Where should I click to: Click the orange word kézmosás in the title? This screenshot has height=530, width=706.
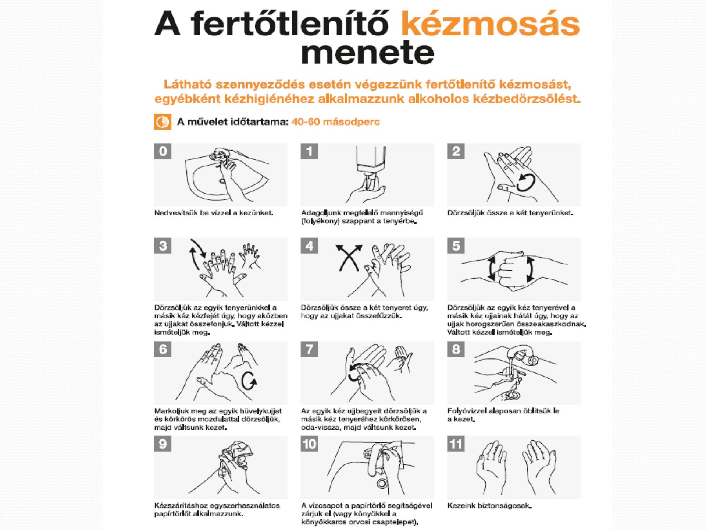pos(490,24)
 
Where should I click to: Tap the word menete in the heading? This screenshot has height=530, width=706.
pos(367,53)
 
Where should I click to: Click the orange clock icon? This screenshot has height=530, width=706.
pos(163,122)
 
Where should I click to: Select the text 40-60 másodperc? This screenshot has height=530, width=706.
pos(336,122)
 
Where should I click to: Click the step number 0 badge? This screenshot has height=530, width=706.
pos(163,151)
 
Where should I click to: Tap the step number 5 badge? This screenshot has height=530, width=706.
pos(456,245)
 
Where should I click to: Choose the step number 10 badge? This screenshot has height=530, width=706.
pos(309,444)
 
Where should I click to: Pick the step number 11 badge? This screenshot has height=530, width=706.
pos(456,444)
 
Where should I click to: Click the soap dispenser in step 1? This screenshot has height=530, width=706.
pos(371,166)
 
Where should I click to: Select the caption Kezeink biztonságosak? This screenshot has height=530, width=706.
pos(489,506)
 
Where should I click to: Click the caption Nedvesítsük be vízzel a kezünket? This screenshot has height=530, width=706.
pos(214,213)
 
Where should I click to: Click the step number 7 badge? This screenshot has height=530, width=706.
pos(309,349)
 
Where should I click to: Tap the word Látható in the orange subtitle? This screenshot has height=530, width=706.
pos(188,84)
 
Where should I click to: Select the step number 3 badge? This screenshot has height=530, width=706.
pos(163,245)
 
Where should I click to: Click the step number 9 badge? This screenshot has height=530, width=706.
pos(163,444)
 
